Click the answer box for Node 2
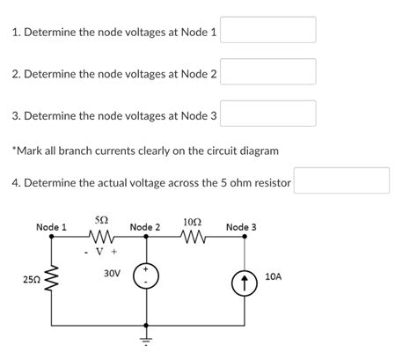click(267, 72)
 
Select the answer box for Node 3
click(267, 114)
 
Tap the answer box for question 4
click(341, 181)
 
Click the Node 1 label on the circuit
click(51, 227)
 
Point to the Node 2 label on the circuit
click(145, 227)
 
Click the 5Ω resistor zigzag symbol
click(101, 237)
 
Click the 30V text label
click(112, 274)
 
